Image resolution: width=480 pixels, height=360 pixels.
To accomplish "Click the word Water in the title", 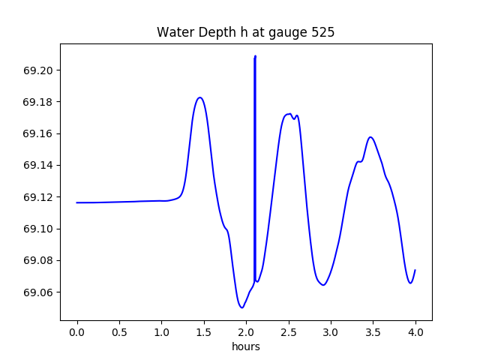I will coord(173,33).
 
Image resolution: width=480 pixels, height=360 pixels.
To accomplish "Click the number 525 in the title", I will coord(319,33).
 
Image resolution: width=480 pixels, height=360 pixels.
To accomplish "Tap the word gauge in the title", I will coord(283,33).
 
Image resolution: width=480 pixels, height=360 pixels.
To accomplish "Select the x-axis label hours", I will coord(246,346).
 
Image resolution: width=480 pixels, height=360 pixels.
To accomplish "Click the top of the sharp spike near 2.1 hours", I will coord(255,56).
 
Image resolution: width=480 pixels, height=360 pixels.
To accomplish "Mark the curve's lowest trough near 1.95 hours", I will coord(241,307).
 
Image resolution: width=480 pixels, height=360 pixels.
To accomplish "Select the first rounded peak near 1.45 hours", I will coord(199,97).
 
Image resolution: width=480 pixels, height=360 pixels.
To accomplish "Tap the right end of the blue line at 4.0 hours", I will coord(415,270).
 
